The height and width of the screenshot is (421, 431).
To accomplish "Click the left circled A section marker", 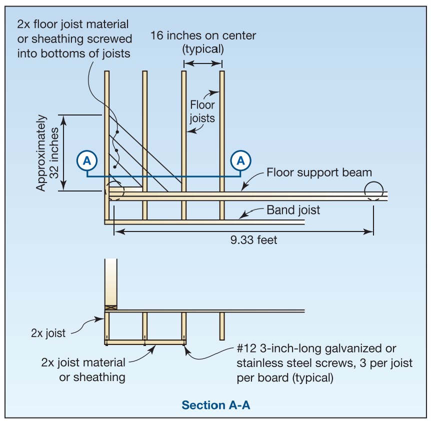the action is (87, 160).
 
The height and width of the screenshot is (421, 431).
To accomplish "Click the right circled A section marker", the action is (240, 160).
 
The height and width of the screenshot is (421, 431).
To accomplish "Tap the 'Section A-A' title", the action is (216, 405).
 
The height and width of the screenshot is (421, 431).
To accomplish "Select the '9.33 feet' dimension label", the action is (253, 240).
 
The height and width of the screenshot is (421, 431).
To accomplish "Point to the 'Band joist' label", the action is (293, 210).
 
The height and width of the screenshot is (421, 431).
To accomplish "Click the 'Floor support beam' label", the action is (319, 172).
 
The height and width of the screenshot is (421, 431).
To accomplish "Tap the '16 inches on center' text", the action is (203, 35).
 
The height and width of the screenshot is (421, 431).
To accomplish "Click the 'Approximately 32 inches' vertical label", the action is (47, 153).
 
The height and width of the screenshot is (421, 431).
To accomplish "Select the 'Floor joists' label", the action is (202, 111).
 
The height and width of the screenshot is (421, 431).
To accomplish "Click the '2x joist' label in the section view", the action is (48, 333).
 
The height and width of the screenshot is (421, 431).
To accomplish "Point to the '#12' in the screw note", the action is (246, 348).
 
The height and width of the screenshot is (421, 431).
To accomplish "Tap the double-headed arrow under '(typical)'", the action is (203, 63).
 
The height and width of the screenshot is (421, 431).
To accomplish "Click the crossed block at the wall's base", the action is (111, 308).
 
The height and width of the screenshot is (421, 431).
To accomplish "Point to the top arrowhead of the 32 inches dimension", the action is (63, 120).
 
